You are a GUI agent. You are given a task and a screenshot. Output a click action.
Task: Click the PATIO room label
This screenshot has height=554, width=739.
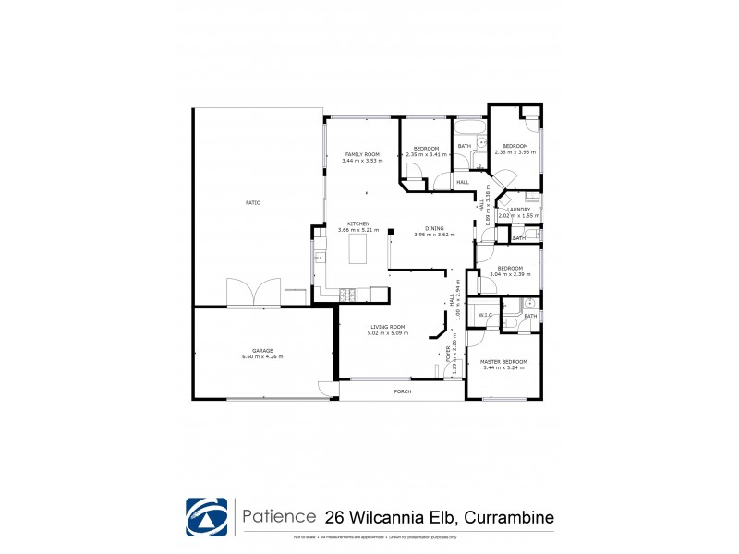click(252, 202)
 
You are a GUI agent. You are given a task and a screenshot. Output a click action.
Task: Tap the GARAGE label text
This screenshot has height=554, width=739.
click(262, 351)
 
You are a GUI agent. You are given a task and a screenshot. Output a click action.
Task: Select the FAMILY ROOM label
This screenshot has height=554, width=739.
click(362, 154)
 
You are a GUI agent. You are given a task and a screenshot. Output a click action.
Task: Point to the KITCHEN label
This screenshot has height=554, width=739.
click(358, 223)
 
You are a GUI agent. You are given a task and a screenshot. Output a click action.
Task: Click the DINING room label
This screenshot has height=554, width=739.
click(434, 228)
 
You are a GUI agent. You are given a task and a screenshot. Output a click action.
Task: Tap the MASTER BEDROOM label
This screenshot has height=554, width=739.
click(503, 361)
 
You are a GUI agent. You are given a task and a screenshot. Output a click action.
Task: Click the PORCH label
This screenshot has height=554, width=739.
click(402, 392)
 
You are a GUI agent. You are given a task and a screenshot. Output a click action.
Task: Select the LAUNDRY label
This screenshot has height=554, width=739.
click(518, 210)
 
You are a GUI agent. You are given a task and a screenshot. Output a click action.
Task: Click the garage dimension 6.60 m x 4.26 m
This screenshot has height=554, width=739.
click(262, 357)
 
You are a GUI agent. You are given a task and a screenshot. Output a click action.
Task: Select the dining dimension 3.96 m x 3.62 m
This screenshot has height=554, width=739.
click(434, 235)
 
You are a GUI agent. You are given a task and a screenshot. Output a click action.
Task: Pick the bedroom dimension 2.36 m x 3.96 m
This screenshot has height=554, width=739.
click(515, 153)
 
